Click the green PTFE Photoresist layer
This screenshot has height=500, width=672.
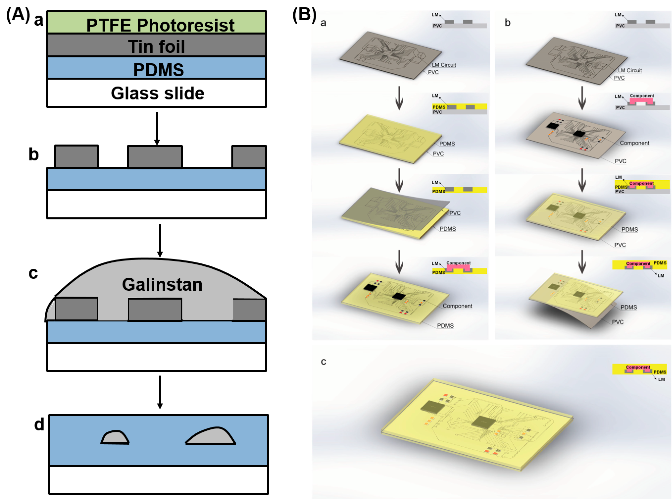(x=156, y=22)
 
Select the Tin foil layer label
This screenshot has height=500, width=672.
(x=156, y=46)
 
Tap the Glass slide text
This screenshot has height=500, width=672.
(x=157, y=93)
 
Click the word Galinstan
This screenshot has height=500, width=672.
(x=162, y=285)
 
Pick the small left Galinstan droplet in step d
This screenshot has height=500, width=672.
(x=115, y=438)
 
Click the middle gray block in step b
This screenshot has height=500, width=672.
(x=155, y=157)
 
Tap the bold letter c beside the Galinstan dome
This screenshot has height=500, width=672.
(x=33, y=273)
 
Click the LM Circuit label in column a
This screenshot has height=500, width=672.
(x=444, y=65)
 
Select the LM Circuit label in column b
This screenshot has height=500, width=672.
(x=630, y=70)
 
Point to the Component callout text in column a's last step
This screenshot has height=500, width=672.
(x=457, y=306)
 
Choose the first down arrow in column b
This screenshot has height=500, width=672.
(x=582, y=98)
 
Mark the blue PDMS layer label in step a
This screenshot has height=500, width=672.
(x=158, y=70)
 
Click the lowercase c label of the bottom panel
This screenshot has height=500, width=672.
(x=323, y=362)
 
